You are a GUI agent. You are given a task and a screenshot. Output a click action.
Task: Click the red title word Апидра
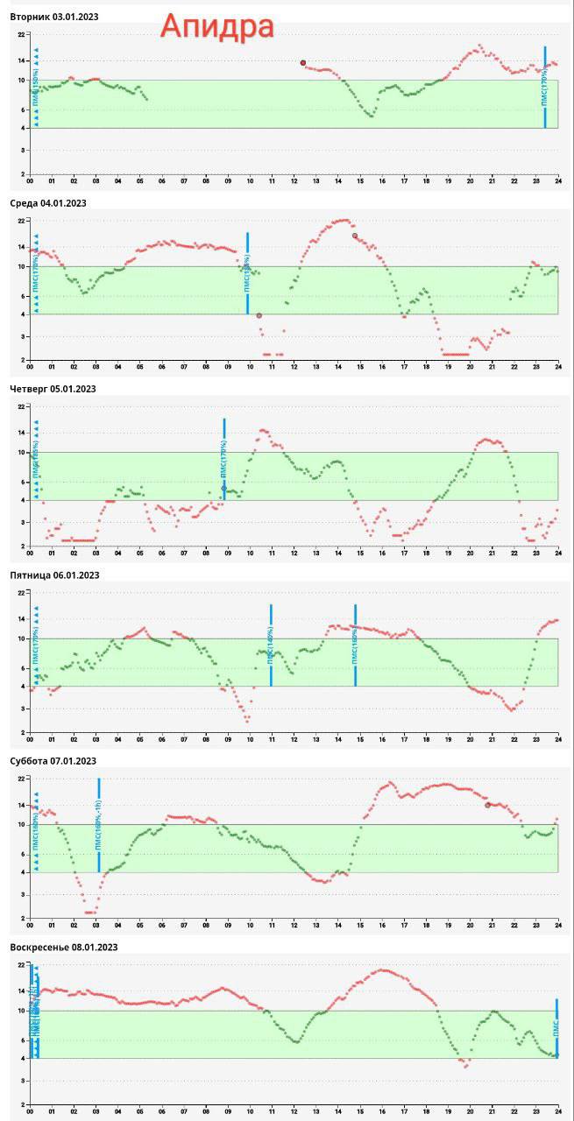216,27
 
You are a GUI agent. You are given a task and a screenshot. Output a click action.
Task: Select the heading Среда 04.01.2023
48,203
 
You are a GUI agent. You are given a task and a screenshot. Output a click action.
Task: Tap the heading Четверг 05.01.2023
53,389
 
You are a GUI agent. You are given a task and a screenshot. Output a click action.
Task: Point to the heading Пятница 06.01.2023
54,575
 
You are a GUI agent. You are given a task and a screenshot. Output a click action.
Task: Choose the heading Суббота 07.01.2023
53,761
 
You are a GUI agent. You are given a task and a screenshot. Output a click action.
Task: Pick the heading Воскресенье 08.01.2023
63,948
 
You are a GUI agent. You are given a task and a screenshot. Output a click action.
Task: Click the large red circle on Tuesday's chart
303,63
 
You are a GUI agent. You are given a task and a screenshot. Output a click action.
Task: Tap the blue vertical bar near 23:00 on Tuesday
545,88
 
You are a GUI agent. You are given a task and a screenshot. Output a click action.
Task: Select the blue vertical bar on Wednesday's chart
247,273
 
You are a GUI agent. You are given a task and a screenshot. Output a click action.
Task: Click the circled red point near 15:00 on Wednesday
355,236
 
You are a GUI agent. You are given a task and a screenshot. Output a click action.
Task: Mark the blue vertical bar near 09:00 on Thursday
224,459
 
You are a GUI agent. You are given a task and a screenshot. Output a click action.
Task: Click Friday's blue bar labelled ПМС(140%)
271,645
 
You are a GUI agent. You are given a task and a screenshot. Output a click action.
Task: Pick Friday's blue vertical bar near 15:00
355,645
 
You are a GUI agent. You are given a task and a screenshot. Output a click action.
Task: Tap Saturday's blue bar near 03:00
99,825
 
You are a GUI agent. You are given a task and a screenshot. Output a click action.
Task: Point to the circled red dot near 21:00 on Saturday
487,805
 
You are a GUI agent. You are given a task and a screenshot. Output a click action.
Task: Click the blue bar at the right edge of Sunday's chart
556,1028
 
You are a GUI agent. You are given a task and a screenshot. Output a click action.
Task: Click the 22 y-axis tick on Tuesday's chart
20,34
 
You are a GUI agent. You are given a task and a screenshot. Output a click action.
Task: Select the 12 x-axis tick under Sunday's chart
294,1111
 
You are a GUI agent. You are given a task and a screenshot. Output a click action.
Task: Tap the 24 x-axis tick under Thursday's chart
558,553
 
